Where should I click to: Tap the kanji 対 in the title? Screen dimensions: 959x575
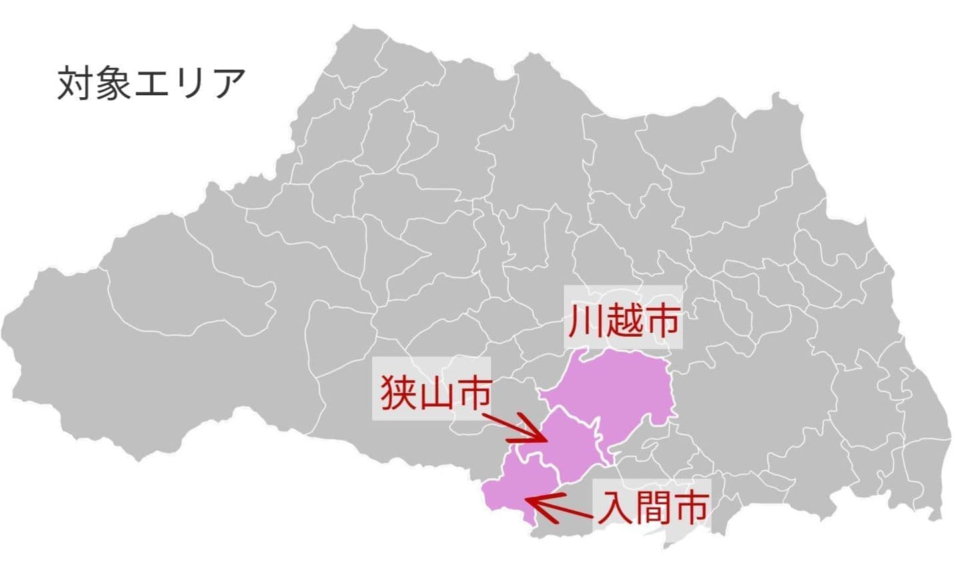[x=75, y=83]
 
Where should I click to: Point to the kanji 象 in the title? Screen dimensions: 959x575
[x=113, y=83]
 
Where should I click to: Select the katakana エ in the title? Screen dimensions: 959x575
[x=153, y=83]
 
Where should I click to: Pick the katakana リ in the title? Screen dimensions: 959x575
[x=190, y=83]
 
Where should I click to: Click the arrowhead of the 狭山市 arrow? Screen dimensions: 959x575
[x=543, y=439]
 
